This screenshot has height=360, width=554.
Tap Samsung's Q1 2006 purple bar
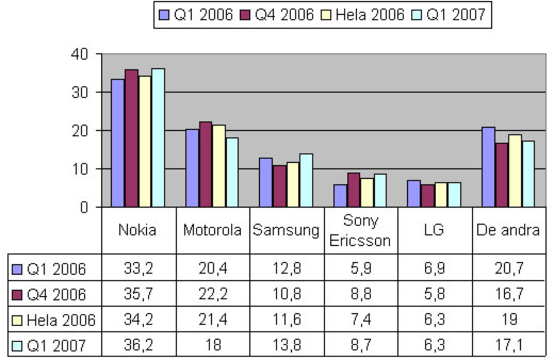[266, 183]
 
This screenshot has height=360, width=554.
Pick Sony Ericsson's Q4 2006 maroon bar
[354, 190]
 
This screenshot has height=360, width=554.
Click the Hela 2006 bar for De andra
[515, 171]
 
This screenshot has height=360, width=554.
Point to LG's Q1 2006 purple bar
[414, 194]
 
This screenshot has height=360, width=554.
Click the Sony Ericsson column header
[360, 230]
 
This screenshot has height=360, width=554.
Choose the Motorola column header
[212, 230]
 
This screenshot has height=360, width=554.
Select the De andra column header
[508, 230]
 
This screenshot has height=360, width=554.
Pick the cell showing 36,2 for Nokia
[138, 345]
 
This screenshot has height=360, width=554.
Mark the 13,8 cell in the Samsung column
[287, 345]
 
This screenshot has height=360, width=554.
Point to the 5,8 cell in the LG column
[434, 294]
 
